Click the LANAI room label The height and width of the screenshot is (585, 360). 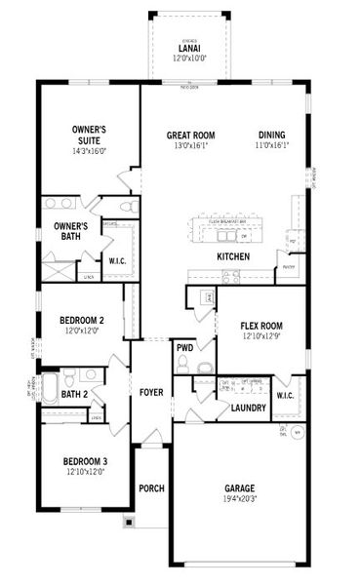[x=189, y=47]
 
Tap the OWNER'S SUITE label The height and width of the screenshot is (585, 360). [x=89, y=135]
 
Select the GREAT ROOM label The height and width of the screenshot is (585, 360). [x=190, y=136]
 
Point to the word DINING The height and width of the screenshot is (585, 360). [x=273, y=136]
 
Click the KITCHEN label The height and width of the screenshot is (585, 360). [x=233, y=256]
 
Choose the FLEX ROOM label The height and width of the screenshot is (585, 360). [x=261, y=327]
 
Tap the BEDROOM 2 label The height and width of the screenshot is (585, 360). [x=82, y=320]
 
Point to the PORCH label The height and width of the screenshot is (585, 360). [x=151, y=488]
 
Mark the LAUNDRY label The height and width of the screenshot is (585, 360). [x=249, y=408]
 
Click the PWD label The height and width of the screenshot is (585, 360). [x=184, y=346]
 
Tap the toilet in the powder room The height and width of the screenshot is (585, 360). [x=205, y=367]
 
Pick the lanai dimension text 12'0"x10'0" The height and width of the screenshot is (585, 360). [x=189, y=57]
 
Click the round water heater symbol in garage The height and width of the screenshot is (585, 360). [x=298, y=430]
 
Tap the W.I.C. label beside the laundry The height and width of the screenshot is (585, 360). [x=286, y=395]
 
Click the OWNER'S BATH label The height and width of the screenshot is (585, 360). [x=70, y=231]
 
